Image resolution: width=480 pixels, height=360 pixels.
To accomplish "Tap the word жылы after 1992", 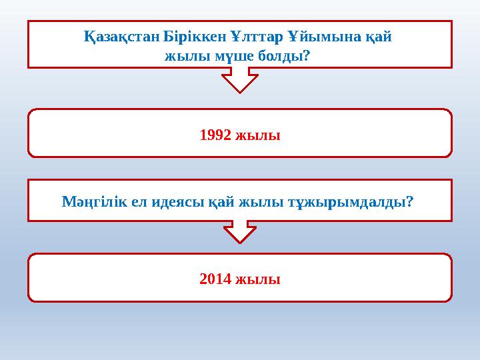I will point(259,135).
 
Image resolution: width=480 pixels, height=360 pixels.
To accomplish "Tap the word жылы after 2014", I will point(259,279).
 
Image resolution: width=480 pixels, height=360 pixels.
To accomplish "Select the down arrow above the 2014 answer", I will point(240,232).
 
